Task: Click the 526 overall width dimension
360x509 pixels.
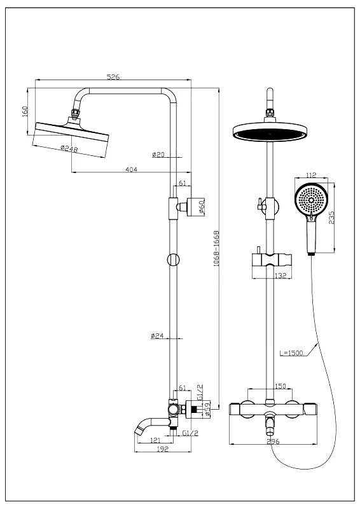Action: [x=113, y=77]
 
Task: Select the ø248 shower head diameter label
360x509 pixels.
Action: [x=69, y=149]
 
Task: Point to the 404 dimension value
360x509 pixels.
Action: [x=132, y=169]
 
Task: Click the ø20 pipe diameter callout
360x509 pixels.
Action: [x=158, y=155]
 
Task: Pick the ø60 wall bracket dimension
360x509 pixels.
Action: [x=201, y=207]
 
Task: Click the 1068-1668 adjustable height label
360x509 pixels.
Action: [x=216, y=249]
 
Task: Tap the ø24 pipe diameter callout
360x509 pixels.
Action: [x=157, y=336]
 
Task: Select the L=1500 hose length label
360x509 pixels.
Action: [x=291, y=353]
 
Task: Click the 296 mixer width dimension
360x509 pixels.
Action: [x=273, y=442]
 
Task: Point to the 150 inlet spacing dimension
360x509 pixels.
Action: [x=280, y=386]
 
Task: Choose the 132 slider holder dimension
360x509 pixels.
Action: [x=280, y=275]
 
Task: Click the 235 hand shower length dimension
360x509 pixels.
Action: [x=331, y=218]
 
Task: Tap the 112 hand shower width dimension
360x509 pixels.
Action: [x=311, y=176]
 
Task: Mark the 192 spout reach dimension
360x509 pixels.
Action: [x=163, y=449]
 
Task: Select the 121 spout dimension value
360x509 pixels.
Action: [x=155, y=440]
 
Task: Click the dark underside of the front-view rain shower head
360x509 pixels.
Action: [x=270, y=134]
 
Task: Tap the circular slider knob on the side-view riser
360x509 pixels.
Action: [x=173, y=260]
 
